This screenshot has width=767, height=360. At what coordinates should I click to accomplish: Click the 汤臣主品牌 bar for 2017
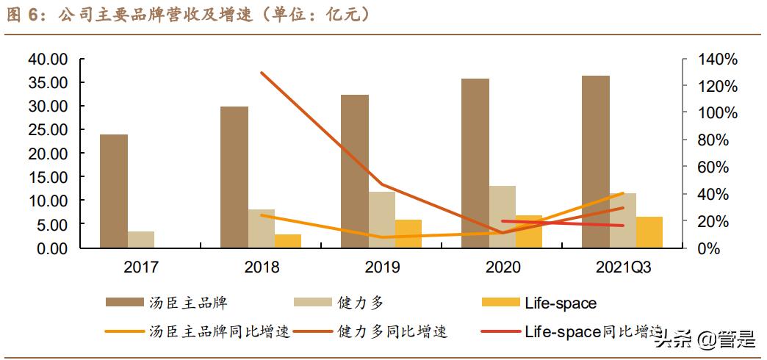click(x=114, y=191)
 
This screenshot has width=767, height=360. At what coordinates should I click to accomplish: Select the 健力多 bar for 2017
click(x=140, y=240)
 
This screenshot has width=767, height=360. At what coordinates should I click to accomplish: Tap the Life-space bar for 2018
click(x=288, y=241)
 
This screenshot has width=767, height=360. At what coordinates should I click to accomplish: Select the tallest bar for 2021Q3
click(x=596, y=162)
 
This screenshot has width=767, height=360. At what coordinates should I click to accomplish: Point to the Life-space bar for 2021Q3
click(x=649, y=232)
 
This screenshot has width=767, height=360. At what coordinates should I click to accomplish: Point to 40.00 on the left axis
click(x=47, y=59)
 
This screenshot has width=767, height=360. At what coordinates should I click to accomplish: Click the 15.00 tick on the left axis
click(x=47, y=177)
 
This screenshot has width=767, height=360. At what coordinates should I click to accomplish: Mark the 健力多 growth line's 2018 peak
click(x=262, y=73)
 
